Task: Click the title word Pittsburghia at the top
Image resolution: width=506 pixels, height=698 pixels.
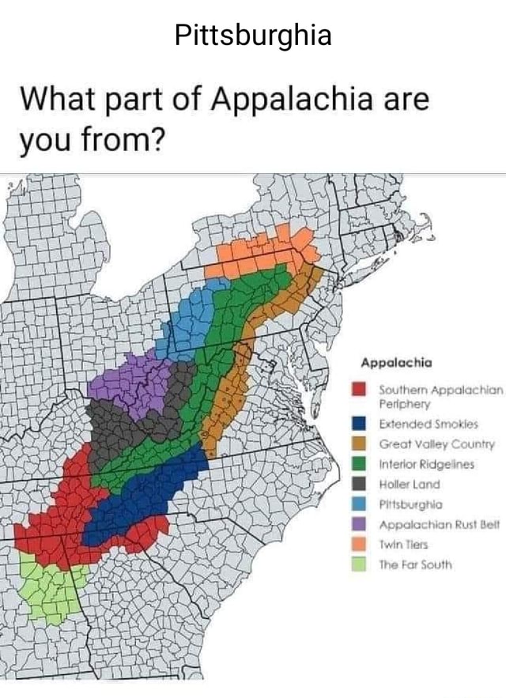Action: coord(253,35)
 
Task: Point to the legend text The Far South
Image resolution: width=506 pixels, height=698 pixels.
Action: coord(415,564)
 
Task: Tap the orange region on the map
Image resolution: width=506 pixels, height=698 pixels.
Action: coord(261,253)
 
